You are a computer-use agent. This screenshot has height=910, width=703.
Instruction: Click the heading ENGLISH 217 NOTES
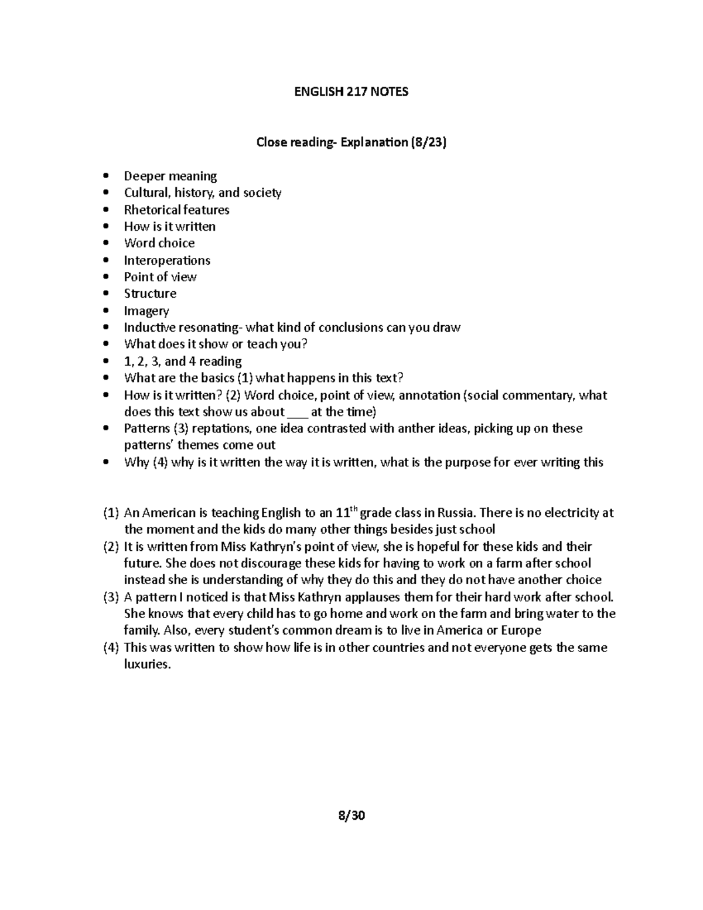click(351, 91)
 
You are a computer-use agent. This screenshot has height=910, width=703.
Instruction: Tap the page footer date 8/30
click(351, 815)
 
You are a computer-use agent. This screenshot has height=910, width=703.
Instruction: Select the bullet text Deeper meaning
click(170, 176)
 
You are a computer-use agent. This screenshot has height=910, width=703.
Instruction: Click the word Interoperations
click(167, 260)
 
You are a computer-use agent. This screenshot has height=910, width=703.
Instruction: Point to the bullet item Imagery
click(146, 311)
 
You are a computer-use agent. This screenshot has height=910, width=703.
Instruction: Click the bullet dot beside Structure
click(105, 294)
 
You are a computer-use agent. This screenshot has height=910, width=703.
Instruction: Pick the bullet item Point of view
click(160, 277)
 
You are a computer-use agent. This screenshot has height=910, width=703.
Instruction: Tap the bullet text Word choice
click(159, 243)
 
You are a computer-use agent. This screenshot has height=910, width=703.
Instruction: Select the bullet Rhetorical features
click(176, 210)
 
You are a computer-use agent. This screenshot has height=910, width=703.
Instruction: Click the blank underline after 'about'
click(298, 412)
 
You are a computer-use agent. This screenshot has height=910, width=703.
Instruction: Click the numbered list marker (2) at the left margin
click(111, 547)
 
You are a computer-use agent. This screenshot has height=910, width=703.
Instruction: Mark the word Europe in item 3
click(520, 631)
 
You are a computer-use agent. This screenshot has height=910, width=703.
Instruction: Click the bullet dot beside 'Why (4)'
click(105, 462)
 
